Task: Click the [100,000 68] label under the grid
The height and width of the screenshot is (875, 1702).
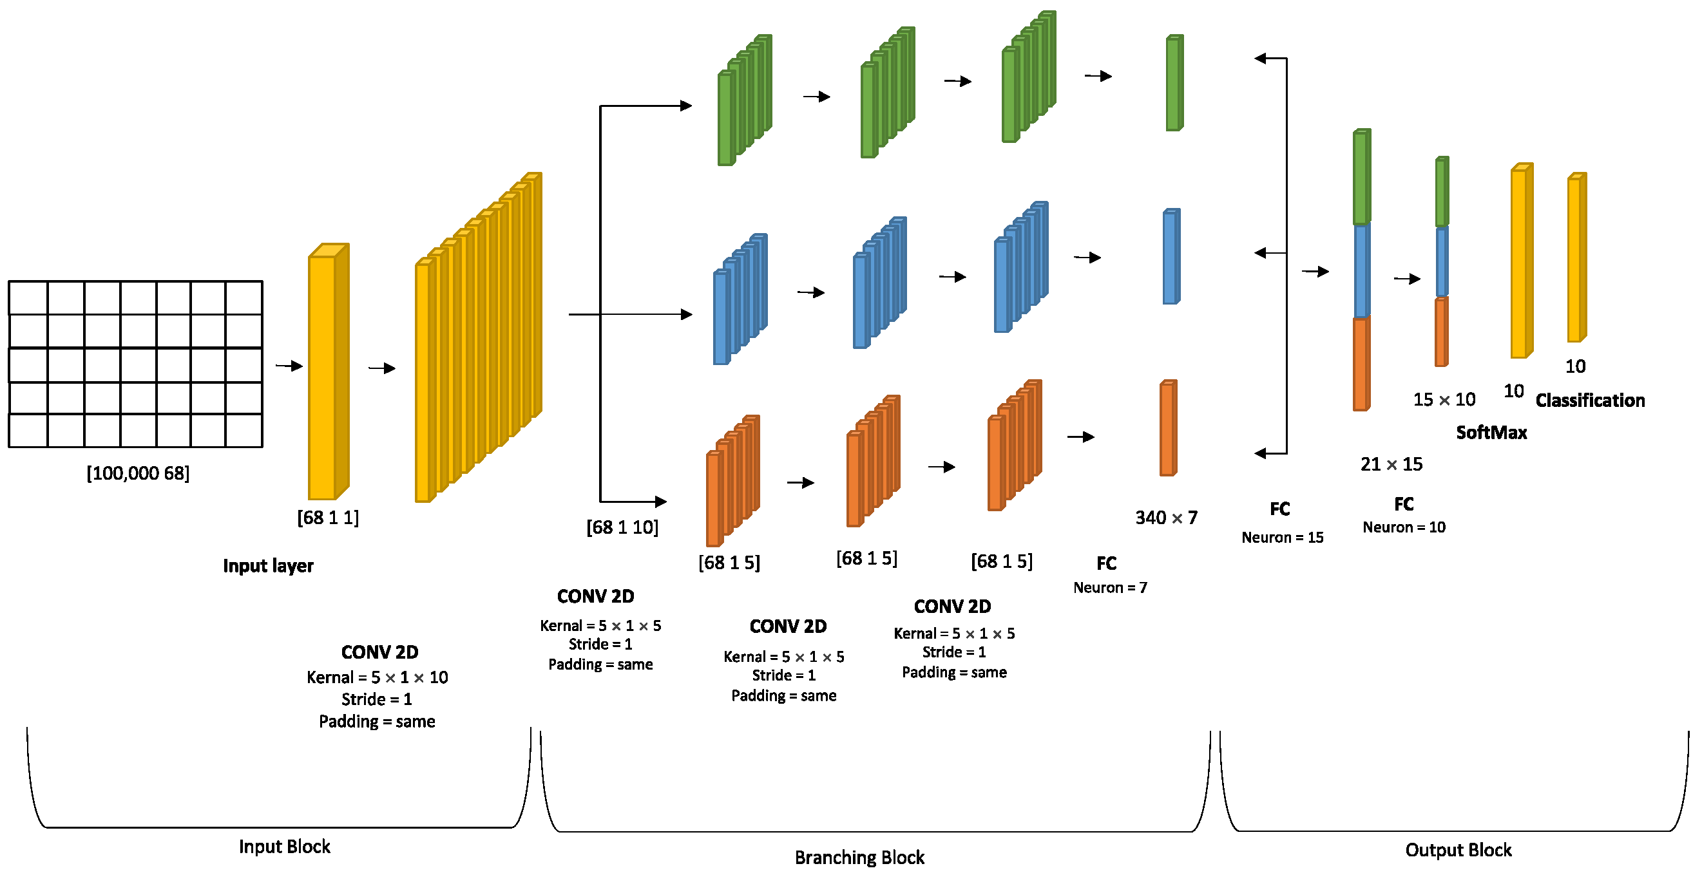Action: click(138, 473)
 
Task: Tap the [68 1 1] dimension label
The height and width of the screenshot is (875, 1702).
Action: click(328, 517)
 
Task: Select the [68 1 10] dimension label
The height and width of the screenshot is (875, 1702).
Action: click(622, 527)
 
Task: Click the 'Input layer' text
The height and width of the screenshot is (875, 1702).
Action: click(267, 566)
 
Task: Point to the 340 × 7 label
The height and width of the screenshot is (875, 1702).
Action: click(1166, 518)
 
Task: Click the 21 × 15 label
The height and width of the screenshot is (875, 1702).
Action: click(1391, 464)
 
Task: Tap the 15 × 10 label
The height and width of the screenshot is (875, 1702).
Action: click(1444, 400)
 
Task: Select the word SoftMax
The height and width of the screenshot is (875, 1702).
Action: click(1491, 433)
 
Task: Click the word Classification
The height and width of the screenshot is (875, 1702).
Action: click(1590, 400)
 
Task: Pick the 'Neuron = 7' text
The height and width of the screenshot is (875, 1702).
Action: click(1110, 588)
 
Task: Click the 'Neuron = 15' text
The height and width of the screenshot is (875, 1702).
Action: click(1283, 538)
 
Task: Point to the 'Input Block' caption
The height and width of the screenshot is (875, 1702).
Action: click(284, 847)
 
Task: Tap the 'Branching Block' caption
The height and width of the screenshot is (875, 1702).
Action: click(859, 857)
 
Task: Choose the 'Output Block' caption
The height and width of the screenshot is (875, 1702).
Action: click(1458, 850)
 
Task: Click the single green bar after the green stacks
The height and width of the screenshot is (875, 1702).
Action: click(1174, 83)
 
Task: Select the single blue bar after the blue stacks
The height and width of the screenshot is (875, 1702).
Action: click(1171, 257)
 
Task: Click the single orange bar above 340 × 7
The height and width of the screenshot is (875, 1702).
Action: click(1167, 429)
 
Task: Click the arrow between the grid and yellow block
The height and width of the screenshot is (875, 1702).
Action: click(289, 366)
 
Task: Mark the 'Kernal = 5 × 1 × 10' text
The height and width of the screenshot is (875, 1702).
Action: click(378, 677)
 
